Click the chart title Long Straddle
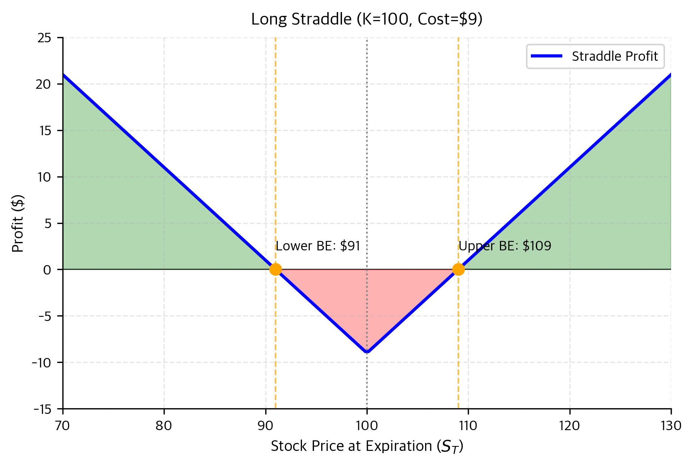(367, 19)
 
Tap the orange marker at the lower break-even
(275, 269)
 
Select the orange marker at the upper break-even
(458, 269)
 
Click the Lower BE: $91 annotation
(318, 246)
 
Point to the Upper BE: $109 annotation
(505, 246)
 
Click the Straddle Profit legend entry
(614, 56)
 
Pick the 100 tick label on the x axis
(367, 426)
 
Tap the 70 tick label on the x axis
(63, 426)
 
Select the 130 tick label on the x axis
(671, 426)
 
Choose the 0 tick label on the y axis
(47, 270)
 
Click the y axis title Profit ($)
(18, 223)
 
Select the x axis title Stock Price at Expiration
(367, 446)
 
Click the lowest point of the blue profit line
(367, 352)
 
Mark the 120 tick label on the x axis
(569, 426)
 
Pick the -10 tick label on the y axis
(42, 363)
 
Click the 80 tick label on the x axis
(164, 426)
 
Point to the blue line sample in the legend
(546, 56)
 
